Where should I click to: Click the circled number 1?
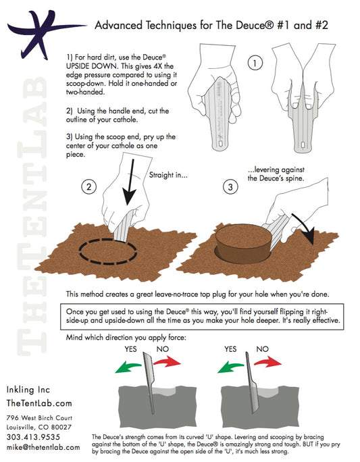pyautogui.click(x=255, y=63)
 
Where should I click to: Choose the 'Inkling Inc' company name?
pyautogui.click(x=30, y=390)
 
